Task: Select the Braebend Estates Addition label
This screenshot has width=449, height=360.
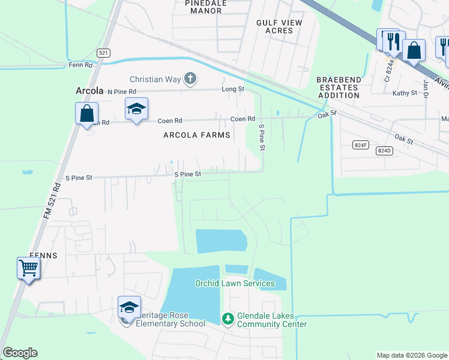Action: coord(339,87)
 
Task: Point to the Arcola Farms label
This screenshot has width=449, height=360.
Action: coord(197,135)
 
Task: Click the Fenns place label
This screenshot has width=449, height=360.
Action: coord(41,255)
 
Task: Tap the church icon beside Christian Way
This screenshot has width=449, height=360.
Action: coord(190,78)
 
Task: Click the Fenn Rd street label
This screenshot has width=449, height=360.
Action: coord(80,65)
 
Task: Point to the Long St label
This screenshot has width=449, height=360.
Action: coord(233,89)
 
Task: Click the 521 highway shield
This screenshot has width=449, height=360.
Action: coord(104,53)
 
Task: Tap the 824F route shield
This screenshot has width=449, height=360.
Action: coord(360,145)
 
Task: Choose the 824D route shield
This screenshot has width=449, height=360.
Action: coord(385,151)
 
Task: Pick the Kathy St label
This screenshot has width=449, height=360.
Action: coord(404,93)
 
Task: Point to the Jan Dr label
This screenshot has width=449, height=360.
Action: coord(427,86)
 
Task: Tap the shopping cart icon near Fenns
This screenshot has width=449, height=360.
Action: coord(28,268)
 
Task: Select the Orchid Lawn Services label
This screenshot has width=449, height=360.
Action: coord(235,283)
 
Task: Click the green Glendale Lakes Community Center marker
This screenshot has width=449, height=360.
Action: coord(227,318)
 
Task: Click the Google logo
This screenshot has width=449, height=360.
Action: coord(20,353)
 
